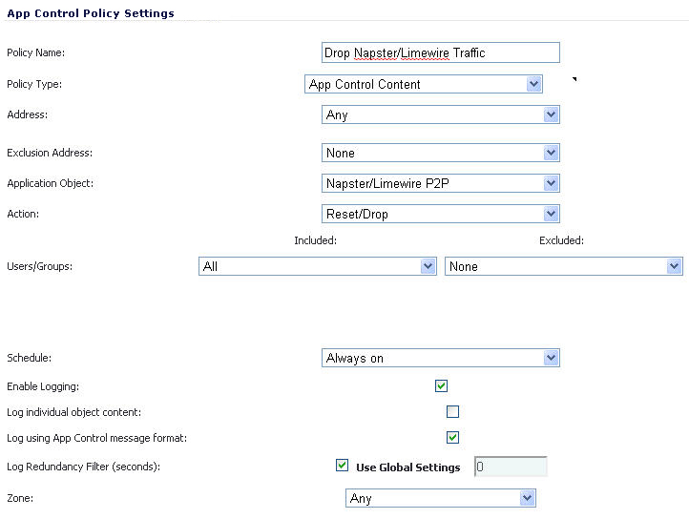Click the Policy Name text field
coord(440,52)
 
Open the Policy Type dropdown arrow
coord(533,84)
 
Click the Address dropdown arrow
coord(551,114)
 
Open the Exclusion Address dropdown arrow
coord(551,153)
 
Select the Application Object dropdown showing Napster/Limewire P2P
coord(440,183)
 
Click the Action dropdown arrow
coord(551,214)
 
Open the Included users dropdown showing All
coord(317,266)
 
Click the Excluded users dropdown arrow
coord(674,266)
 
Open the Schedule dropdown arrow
coord(551,358)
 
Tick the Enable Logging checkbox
coord(441,385)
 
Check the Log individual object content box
coord(452,412)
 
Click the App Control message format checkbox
coord(452,438)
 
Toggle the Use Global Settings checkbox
coord(342,465)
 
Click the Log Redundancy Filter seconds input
coord(511,467)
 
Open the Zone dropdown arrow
coord(527,498)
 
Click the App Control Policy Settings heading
coord(91,13)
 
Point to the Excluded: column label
coord(561,240)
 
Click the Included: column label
coord(316,240)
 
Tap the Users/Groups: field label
coord(39,266)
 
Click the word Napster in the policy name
coord(375,53)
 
